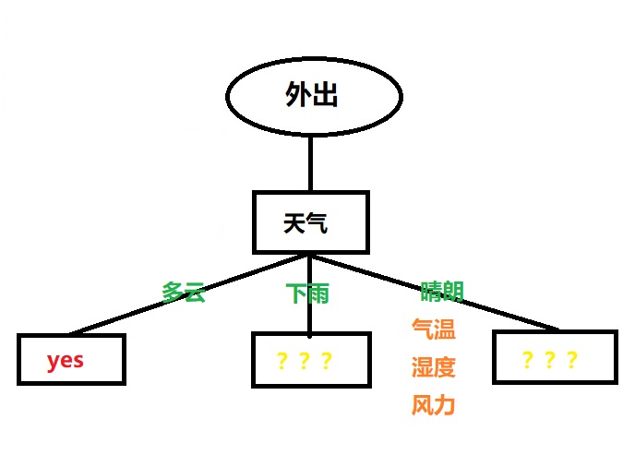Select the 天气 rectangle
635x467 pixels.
click(x=311, y=222)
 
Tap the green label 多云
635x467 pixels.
click(x=183, y=293)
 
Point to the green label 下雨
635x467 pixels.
click(x=307, y=294)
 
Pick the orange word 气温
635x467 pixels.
click(x=433, y=329)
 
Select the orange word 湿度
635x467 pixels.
click(x=433, y=367)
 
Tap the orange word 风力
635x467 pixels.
click(x=433, y=404)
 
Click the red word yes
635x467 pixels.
click(x=66, y=360)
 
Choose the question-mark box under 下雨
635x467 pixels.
click(x=311, y=359)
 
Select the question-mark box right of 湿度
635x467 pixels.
click(x=554, y=359)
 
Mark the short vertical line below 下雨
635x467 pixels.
click(x=310, y=320)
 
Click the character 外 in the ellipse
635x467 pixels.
click(x=297, y=96)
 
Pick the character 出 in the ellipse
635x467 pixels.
click(x=324, y=96)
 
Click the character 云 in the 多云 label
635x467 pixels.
click(x=194, y=293)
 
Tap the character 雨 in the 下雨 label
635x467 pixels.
click(x=318, y=294)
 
